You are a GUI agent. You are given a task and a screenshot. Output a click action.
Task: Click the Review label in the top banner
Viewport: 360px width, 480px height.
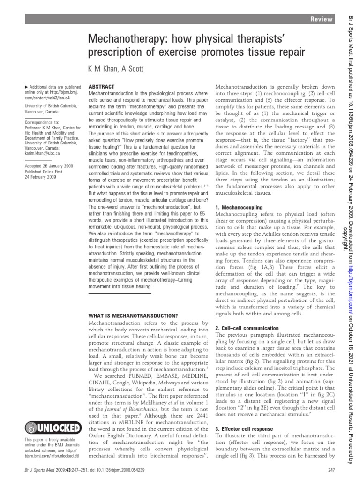click(323, 19)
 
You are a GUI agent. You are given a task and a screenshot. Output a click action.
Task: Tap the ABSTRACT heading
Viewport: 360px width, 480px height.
click(100, 87)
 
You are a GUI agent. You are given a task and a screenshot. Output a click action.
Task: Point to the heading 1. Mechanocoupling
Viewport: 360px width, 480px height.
click(239, 207)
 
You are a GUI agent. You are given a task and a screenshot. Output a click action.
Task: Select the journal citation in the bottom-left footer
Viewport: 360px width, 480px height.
click(81, 469)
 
